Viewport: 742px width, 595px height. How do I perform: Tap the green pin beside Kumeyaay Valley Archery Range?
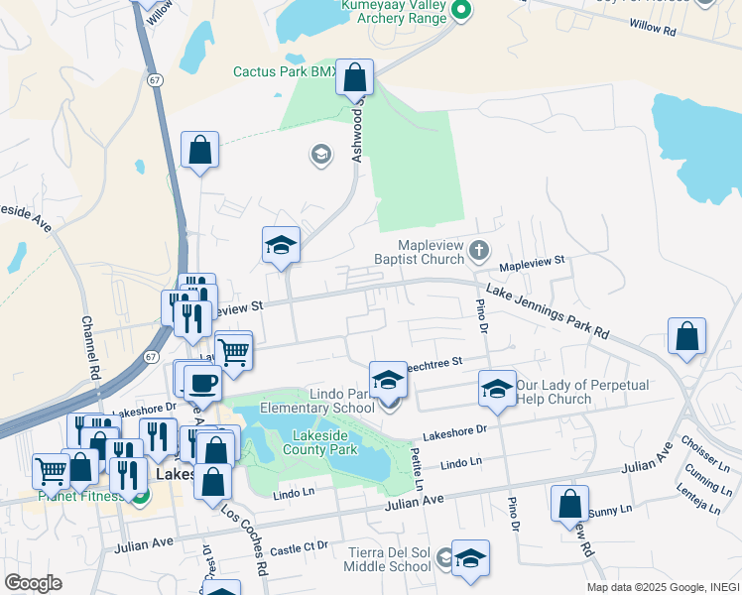[460, 11]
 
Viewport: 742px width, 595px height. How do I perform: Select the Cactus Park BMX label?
[284, 71]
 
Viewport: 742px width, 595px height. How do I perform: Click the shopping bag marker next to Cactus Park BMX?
[355, 77]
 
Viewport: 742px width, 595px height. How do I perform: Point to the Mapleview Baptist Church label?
[431, 252]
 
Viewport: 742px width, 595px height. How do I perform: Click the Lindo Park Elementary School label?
[317, 400]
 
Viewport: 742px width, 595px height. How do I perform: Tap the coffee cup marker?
[202, 382]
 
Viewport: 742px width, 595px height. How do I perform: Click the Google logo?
[33, 583]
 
